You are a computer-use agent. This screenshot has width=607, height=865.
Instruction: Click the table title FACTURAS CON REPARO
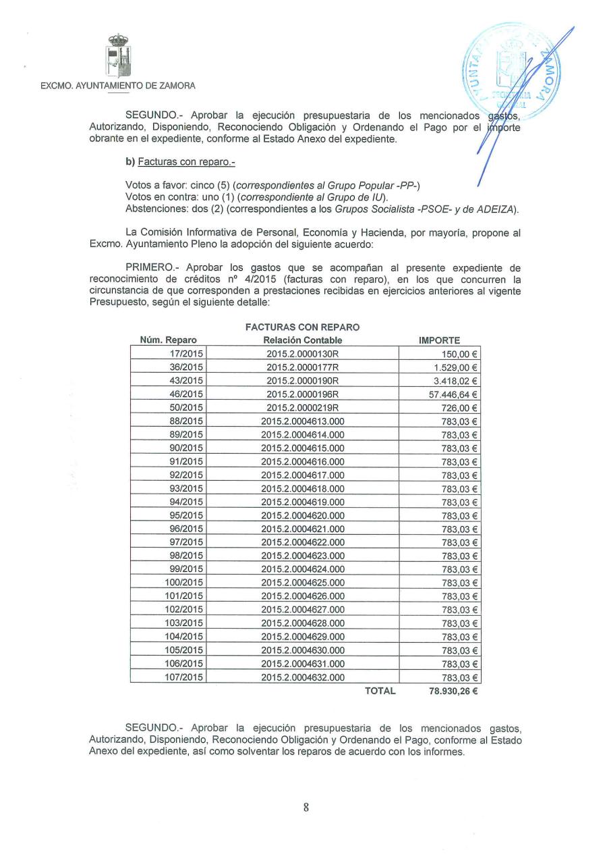302,327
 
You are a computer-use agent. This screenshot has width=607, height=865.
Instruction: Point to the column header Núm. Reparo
168,340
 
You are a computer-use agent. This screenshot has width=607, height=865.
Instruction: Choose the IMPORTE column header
440,340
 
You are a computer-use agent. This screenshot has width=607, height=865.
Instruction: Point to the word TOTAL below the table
380,691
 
